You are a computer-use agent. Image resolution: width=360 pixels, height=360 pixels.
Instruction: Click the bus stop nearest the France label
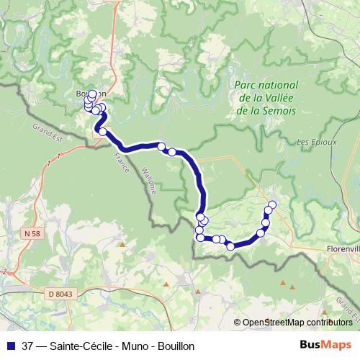[103, 132]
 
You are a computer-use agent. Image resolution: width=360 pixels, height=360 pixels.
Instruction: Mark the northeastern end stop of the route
[272, 205]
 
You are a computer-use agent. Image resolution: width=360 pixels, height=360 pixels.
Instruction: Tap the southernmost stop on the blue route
[230, 246]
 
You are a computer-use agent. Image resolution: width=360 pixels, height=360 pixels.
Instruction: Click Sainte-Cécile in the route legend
[78, 346]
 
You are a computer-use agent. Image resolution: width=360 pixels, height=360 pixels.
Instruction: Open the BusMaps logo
[325, 345]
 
